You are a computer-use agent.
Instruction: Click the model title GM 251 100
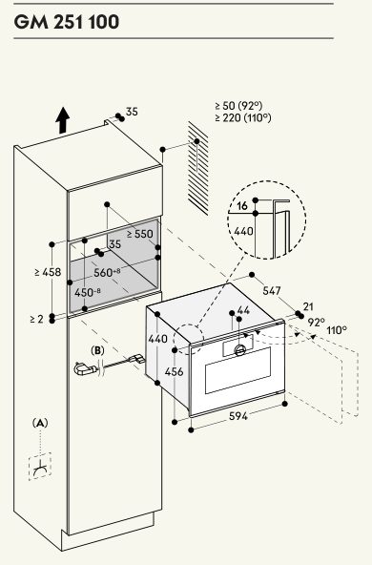point(66,22)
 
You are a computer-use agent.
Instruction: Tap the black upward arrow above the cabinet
point(63,120)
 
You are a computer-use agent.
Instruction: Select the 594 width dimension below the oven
point(238,416)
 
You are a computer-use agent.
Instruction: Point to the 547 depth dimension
point(272,290)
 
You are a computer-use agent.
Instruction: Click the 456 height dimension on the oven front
point(174,371)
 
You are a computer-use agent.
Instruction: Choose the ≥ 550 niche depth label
point(140,234)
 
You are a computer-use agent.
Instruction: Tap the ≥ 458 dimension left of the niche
point(49,272)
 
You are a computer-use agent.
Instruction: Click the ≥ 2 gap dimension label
point(37,319)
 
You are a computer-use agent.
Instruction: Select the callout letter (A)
point(40,423)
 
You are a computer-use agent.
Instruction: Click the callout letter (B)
point(97,350)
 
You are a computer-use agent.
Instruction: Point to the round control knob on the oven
point(239,349)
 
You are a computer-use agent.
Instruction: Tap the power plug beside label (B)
point(85,368)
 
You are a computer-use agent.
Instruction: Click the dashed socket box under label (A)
point(40,466)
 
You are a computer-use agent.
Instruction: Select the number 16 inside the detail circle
point(242,206)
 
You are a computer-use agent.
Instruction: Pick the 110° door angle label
point(337,330)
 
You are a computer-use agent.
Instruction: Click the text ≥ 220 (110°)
point(243,117)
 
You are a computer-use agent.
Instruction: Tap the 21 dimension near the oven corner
point(308,306)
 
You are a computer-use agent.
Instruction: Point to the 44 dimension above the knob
point(244,310)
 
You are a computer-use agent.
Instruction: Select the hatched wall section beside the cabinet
point(197,168)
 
